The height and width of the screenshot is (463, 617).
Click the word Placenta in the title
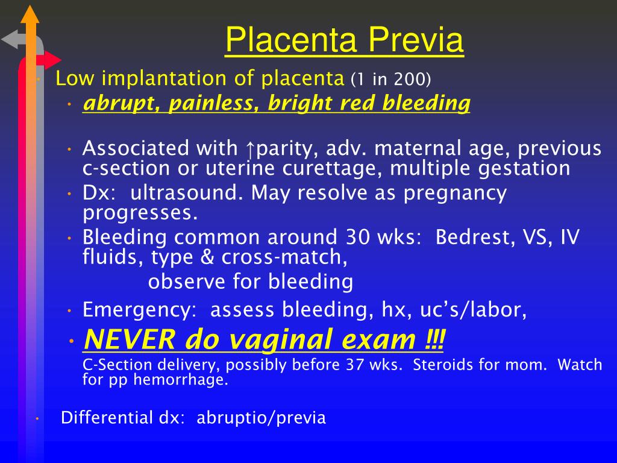pos(291,40)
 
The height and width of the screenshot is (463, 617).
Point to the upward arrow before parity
pos(250,149)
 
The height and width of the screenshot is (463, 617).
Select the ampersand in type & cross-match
pos(207,257)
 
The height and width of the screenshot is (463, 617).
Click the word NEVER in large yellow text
pos(130,339)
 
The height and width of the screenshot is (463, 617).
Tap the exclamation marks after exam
pos(435,339)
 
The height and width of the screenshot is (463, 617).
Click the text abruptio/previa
pos(262,418)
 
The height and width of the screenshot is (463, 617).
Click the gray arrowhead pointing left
pos(10,39)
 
